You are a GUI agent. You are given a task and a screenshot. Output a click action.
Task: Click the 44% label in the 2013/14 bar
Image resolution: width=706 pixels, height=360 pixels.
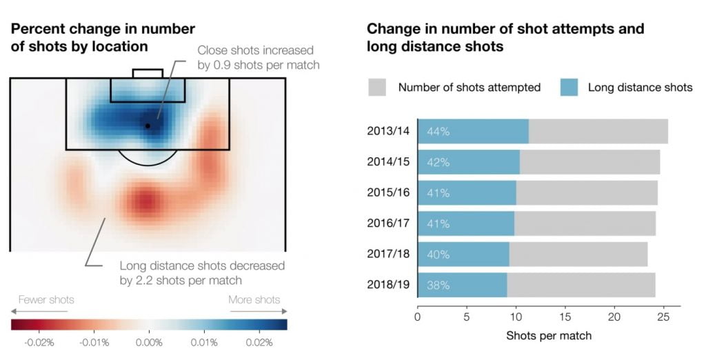click(x=438, y=132)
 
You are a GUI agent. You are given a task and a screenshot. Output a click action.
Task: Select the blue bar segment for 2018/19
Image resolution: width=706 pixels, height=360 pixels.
click(x=463, y=286)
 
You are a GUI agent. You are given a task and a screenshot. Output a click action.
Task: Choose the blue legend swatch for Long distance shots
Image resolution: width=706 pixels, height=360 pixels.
click(x=569, y=88)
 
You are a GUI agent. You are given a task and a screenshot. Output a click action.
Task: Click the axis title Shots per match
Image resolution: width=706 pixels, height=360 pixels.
click(x=548, y=336)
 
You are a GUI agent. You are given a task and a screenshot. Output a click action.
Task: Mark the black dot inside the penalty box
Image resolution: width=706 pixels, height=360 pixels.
click(x=148, y=126)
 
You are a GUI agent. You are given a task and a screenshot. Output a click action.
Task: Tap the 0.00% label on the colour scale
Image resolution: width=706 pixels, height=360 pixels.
click(x=149, y=343)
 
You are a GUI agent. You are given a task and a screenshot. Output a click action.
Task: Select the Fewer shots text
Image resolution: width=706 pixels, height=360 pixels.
click(x=46, y=300)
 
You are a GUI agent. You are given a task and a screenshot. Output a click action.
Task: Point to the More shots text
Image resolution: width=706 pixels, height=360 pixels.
click(x=254, y=300)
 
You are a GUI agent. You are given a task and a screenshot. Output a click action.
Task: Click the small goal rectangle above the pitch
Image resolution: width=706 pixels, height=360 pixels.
click(x=148, y=73)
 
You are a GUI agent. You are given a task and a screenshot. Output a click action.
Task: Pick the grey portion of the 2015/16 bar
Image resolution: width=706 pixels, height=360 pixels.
click(x=586, y=193)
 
